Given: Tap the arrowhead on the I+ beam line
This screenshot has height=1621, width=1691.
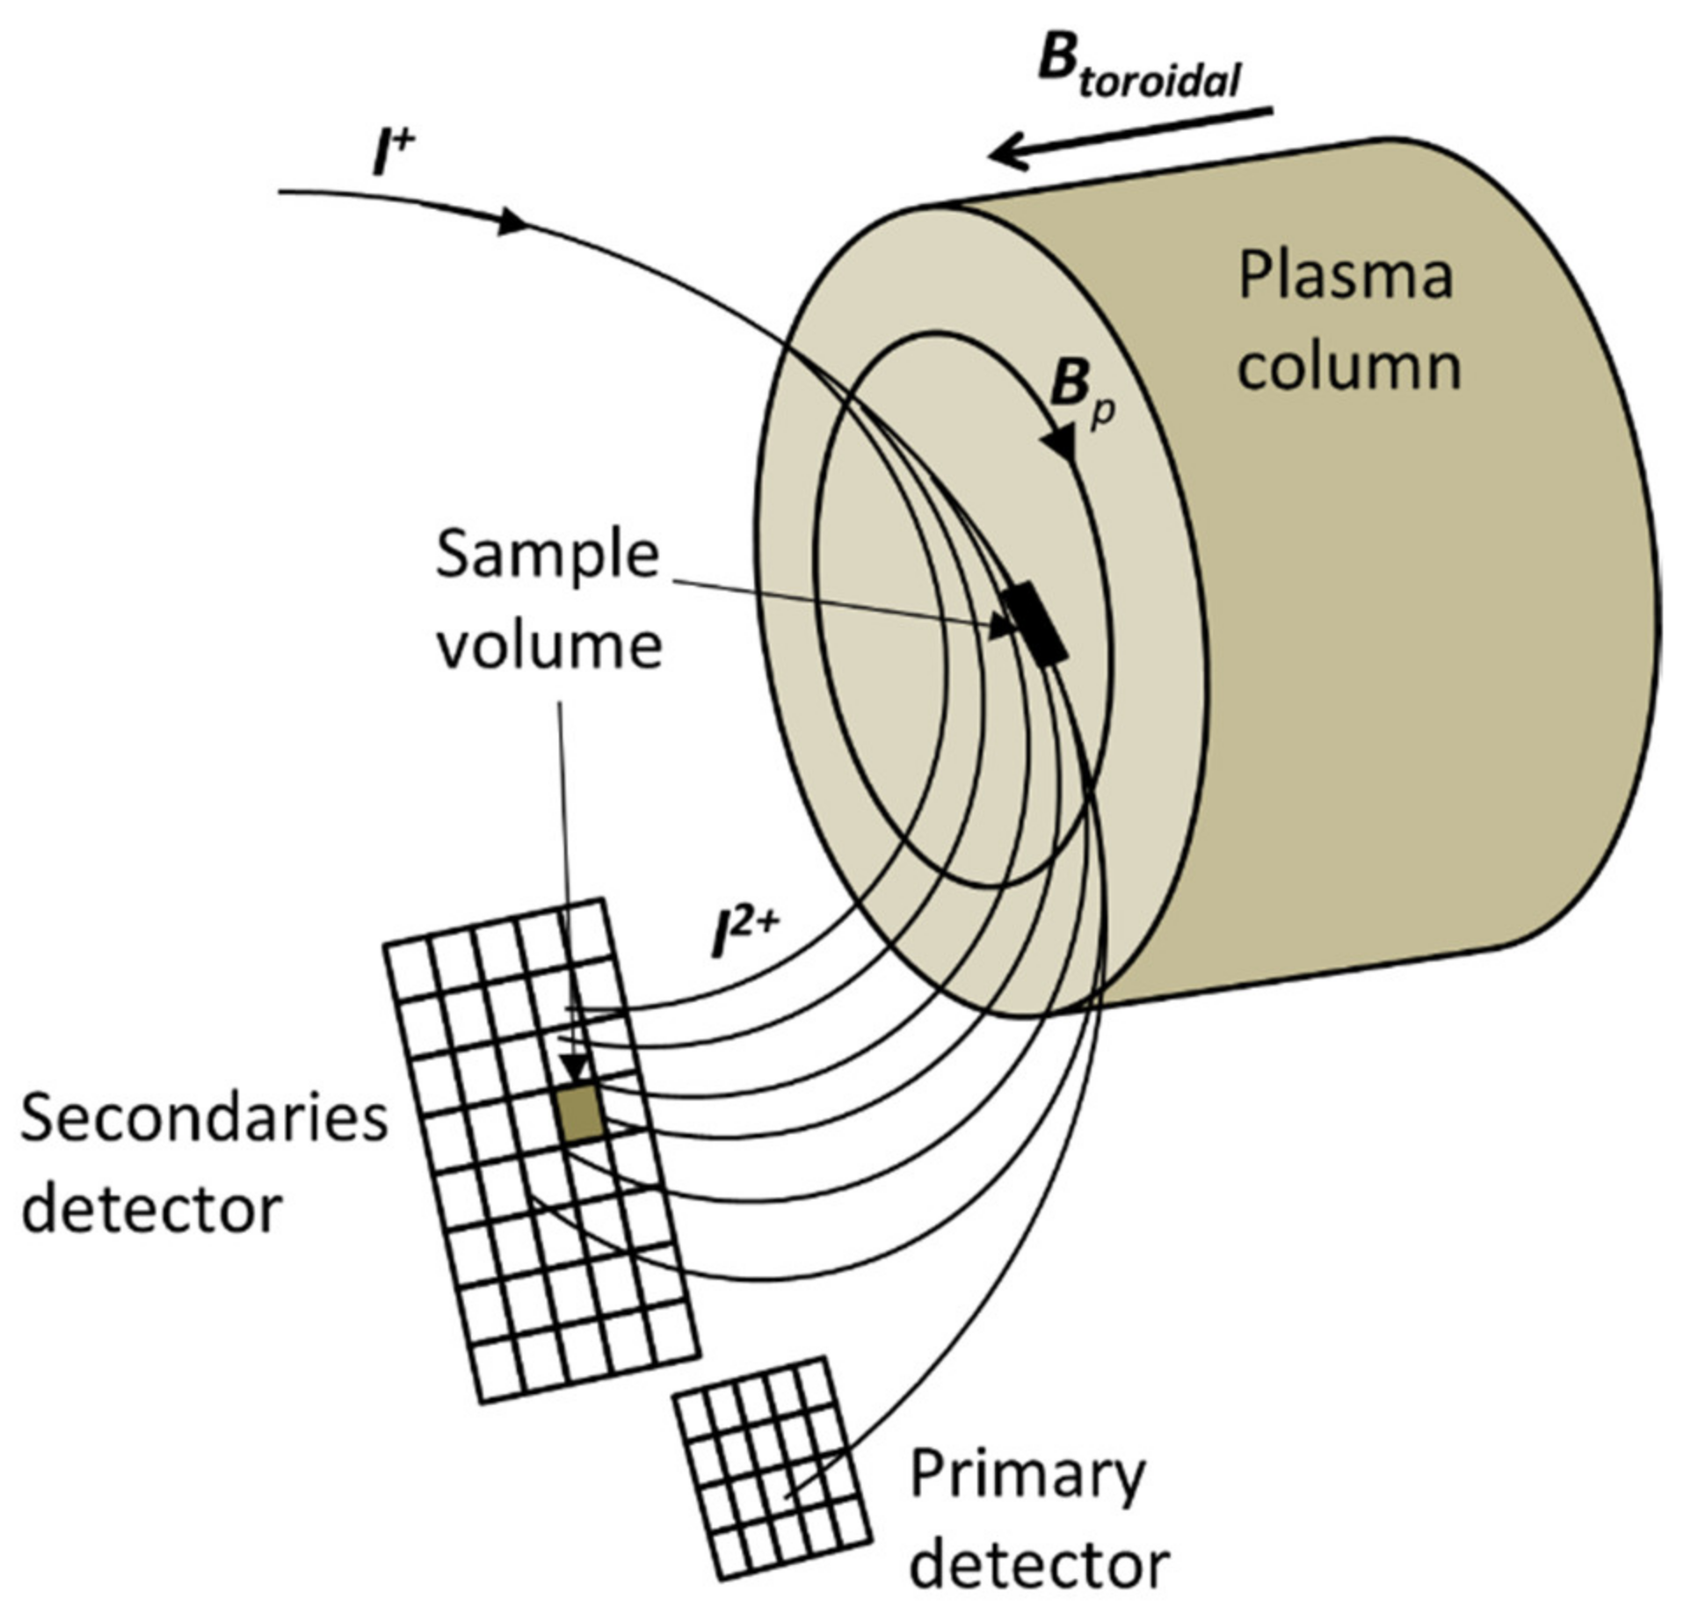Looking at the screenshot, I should pyautogui.click(x=512, y=221).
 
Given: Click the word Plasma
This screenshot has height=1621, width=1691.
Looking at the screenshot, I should pyautogui.click(x=1346, y=277).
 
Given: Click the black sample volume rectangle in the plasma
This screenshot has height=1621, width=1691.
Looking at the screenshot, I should pyautogui.click(x=1035, y=622).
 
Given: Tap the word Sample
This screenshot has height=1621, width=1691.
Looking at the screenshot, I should pyautogui.click(x=547, y=556).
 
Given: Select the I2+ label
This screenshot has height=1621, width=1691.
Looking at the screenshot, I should pyautogui.click(x=744, y=938).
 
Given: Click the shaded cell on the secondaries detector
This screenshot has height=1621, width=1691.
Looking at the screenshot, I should pyautogui.click(x=579, y=1113).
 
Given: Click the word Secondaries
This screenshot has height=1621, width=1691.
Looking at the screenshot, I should pyautogui.click(x=204, y=1119).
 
